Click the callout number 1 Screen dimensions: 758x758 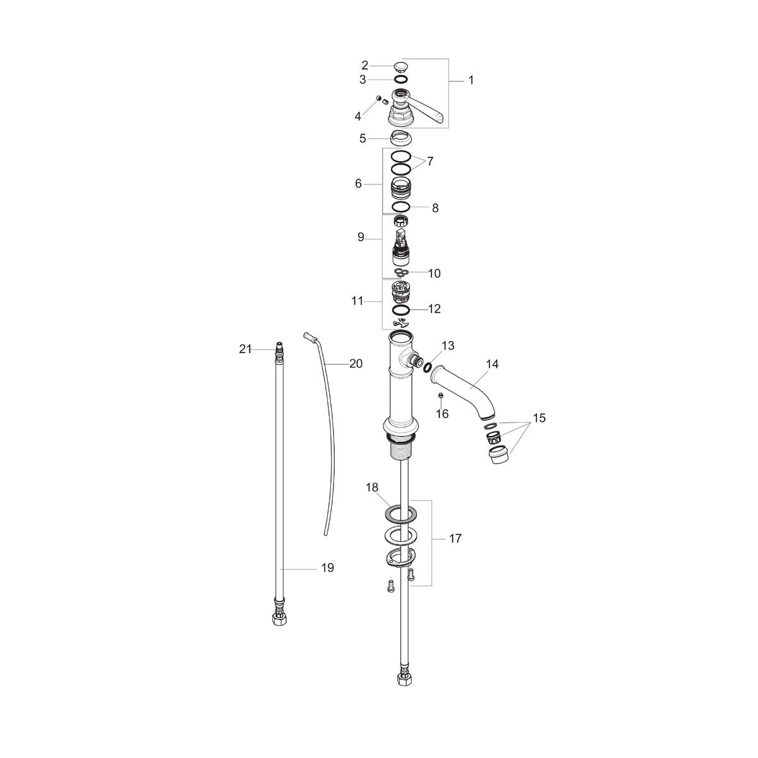point(471,80)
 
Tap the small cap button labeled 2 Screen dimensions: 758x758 point(400,66)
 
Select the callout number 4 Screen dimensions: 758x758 point(358,116)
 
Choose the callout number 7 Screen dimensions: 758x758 point(430,162)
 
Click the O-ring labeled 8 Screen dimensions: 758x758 point(400,207)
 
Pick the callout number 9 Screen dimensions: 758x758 point(361,237)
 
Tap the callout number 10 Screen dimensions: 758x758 point(435,274)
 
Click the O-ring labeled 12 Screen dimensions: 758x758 point(400,310)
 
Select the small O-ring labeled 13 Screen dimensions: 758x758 point(428,367)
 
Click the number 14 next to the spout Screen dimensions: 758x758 point(492,364)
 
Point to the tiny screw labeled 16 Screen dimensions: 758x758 point(442,396)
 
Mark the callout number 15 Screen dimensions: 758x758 point(538,418)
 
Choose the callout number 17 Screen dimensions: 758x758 point(455,539)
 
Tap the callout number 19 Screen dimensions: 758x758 point(327,568)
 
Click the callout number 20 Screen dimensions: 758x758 point(356,364)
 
